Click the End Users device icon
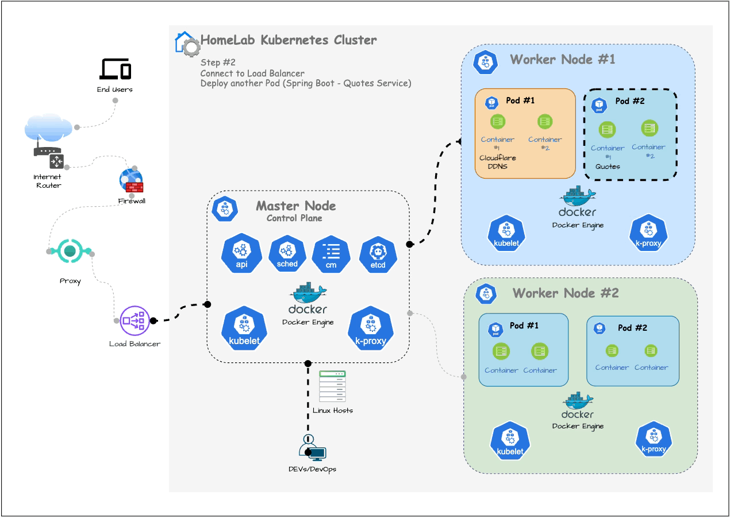(115, 69)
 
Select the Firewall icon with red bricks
(131, 180)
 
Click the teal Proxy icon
(70, 251)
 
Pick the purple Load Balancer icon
(135, 320)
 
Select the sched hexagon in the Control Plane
(287, 254)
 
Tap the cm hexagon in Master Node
(331, 254)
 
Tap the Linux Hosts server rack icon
(333, 386)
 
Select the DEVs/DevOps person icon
(312, 449)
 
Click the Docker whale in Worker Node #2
(578, 400)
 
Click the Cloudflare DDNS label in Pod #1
(497, 162)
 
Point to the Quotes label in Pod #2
(608, 167)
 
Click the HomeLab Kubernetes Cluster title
(289, 40)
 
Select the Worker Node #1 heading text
(563, 59)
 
